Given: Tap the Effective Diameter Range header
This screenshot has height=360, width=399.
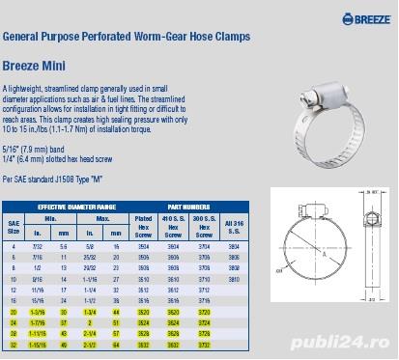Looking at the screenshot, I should coord(74,208).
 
